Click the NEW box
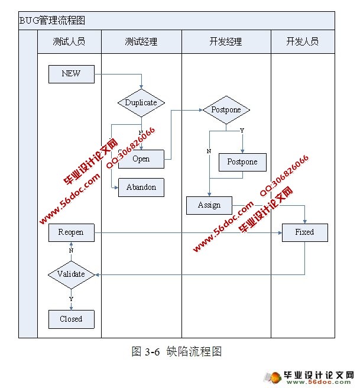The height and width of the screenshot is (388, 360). pyautogui.click(x=71, y=74)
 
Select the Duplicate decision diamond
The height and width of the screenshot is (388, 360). pyautogui.click(x=141, y=102)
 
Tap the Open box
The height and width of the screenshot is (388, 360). pyautogui.click(x=141, y=159)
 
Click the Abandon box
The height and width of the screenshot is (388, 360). pyautogui.click(x=141, y=187)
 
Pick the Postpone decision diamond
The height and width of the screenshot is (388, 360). pyautogui.click(x=226, y=110)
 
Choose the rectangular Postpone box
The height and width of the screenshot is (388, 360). pyautogui.click(x=242, y=162)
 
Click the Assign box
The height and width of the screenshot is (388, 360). pyautogui.click(x=209, y=205)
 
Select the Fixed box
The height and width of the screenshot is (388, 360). pyautogui.click(x=304, y=232)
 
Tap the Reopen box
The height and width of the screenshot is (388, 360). pyautogui.click(x=71, y=232)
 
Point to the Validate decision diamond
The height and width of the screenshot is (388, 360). pyautogui.click(x=71, y=274)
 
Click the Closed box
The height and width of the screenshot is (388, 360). pyautogui.click(x=71, y=319)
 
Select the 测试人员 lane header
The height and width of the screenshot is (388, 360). pyautogui.click(x=69, y=42)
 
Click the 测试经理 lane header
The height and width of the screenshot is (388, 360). pyautogui.click(x=141, y=42)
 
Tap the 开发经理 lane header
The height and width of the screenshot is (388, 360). pyautogui.click(x=226, y=42)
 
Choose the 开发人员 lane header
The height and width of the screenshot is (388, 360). pyautogui.click(x=303, y=42)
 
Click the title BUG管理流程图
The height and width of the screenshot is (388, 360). pyautogui.click(x=53, y=20)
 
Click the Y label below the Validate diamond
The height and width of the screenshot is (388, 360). pyautogui.click(x=72, y=299)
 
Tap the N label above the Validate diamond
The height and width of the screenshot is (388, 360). pyautogui.click(x=71, y=250)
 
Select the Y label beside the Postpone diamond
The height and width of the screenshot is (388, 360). pyautogui.click(x=241, y=130)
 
